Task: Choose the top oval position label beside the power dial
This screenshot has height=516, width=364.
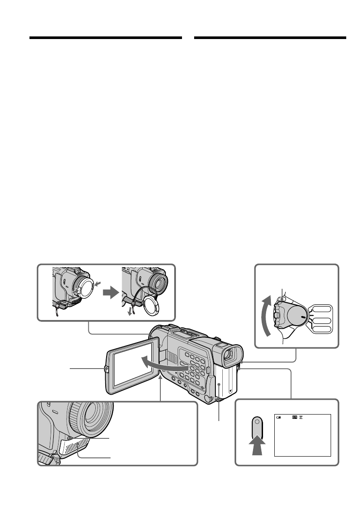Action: point(321,310)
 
